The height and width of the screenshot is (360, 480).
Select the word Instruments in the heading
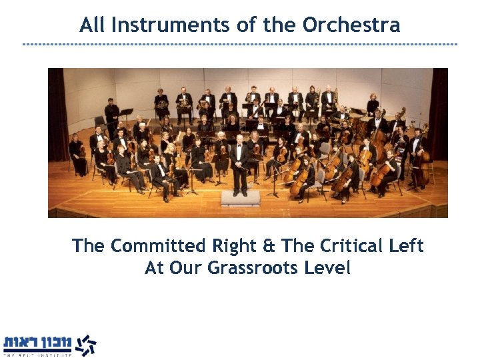(173, 25)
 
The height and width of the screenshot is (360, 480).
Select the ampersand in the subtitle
(267, 246)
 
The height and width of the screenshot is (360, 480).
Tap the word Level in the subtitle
(327, 268)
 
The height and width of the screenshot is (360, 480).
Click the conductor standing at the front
(239, 163)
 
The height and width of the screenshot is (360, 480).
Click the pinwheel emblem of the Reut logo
(84, 345)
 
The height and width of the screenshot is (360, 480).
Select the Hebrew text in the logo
(37, 343)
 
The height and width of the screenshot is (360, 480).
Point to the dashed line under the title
(240, 44)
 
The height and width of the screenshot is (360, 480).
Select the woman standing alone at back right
(373, 105)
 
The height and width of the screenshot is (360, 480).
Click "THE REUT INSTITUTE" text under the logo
(37, 356)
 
